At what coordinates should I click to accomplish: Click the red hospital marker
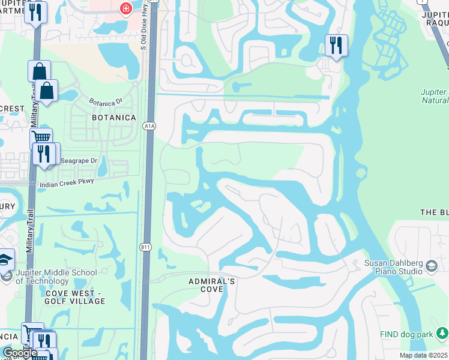pyautogui.click(x=125, y=8)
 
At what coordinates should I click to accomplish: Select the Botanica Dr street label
pyautogui.click(x=105, y=101)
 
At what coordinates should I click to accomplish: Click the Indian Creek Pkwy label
pyautogui.click(x=67, y=185)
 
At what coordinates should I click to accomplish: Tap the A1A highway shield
pyautogui.click(x=149, y=126)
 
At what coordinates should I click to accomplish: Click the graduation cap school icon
pyautogui.click(x=5, y=259)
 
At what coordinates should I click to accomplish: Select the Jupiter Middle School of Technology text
pyautogui.click(x=56, y=277)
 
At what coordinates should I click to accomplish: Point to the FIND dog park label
pyautogui.click(x=405, y=334)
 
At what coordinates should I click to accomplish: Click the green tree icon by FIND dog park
pyautogui.click(x=442, y=332)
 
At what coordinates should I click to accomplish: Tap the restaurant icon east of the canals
pyautogui.click(x=336, y=44)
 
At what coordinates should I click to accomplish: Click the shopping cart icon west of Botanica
pyautogui.click(x=40, y=137)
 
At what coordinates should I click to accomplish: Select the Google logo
pyautogui.click(x=20, y=353)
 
